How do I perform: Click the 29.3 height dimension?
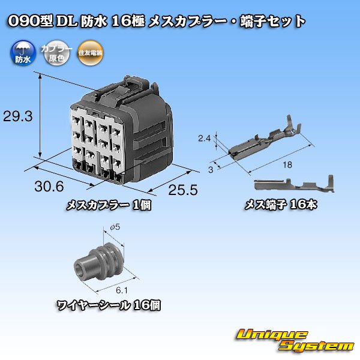pyautogui.click(x=17, y=116)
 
